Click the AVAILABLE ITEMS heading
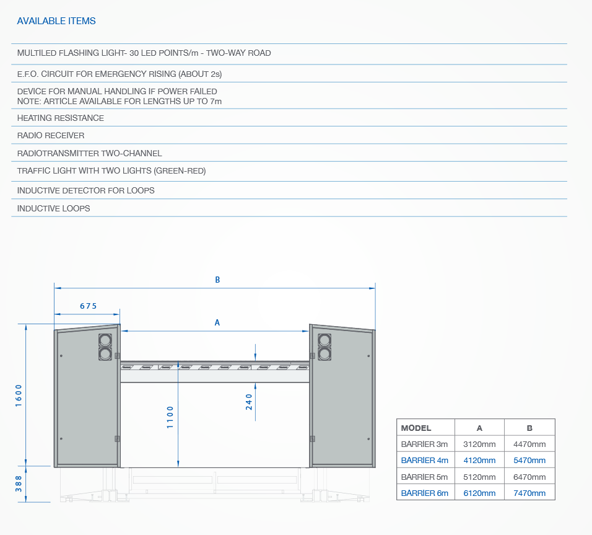click(56, 21)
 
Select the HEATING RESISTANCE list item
click(61, 118)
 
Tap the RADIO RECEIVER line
click(51, 135)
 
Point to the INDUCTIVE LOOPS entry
click(54, 208)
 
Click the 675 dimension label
click(89, 306)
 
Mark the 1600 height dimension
click(19, 396)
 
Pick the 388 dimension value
click(19, 484)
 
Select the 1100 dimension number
click(170, 417)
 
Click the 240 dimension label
click(249, 402)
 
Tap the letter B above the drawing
click(217, 280)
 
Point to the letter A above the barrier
click(217, 322)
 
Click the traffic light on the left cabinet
click(105, 347)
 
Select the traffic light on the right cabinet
click(324, 347)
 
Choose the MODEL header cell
click(416, 428)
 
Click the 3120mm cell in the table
click(479, 444)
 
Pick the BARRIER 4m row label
click(424, 461)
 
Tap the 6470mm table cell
click(529, 477)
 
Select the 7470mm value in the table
click(529, 493)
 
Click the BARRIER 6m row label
click(424, 493)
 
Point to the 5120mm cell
click(479, 477)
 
